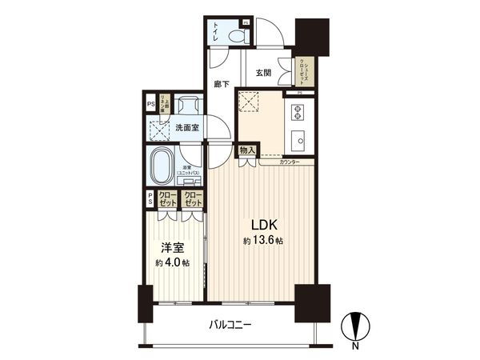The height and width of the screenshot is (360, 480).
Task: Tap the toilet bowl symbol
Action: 238,35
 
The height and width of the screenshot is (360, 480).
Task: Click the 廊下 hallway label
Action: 222,83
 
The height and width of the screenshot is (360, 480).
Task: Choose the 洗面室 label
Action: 189,126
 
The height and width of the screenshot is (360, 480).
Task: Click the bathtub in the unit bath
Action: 163,165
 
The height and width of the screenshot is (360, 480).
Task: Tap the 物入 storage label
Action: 246,150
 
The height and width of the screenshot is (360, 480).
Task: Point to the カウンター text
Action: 290,162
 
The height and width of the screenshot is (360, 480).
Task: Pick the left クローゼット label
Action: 167,198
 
